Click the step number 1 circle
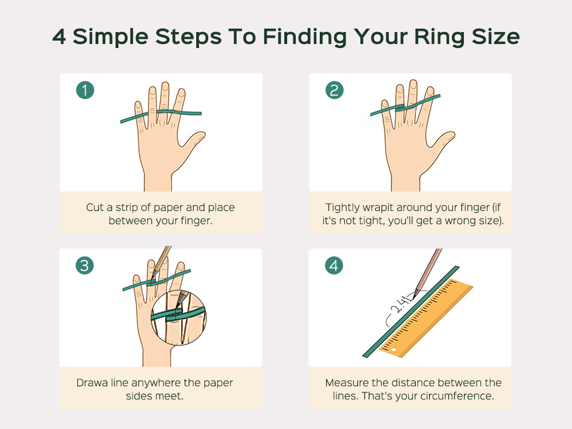[85, 90]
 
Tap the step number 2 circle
[334, 90]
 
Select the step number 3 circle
[85, 265]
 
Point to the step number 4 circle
[334, 265]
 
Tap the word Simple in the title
[110, 37]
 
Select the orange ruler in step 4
[426, 318]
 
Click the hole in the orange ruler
[394, 349]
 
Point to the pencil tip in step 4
[415, 295]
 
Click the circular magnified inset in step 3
[178, 317]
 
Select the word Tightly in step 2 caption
[342, 208]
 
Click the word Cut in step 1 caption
[94, 207]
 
